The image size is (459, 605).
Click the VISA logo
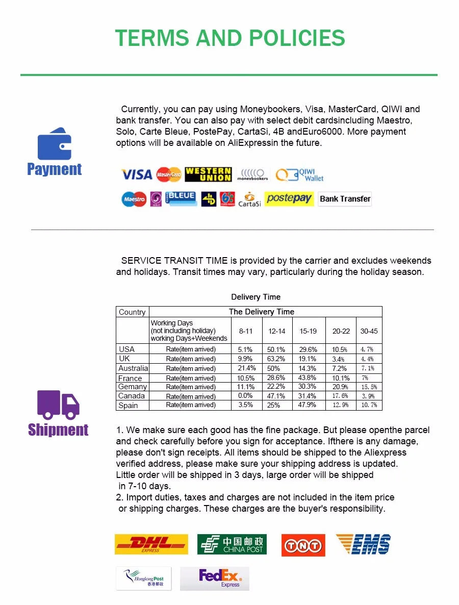tap(136, 175)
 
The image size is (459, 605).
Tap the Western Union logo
tap(208, 174)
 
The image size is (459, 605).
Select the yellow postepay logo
tap(289, 198)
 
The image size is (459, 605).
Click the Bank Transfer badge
tap(345, 199)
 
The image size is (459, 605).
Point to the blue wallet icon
tap(54, 144)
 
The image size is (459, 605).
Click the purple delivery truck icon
tap(58, 405)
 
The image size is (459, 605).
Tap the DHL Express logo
tap(151, 544)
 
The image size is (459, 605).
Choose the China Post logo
tap(232, 544)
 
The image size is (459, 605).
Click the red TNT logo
tap(303, 545)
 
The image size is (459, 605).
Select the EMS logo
tap(364, 544)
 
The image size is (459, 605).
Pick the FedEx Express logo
tap(215, 578)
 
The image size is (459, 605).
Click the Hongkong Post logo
tap(144, 578)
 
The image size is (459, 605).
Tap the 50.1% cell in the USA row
tap(276, 349)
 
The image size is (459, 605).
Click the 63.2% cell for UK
tap(276, 359)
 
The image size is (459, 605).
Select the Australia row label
tap(133, 368)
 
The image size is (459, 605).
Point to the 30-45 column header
tap(369, 331)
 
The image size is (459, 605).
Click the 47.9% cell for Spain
tap(308, 405)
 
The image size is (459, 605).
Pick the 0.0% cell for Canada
tap(245, 396)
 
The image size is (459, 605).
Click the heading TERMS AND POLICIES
tap(230, 38)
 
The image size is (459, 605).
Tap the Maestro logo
tap(134, 199)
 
